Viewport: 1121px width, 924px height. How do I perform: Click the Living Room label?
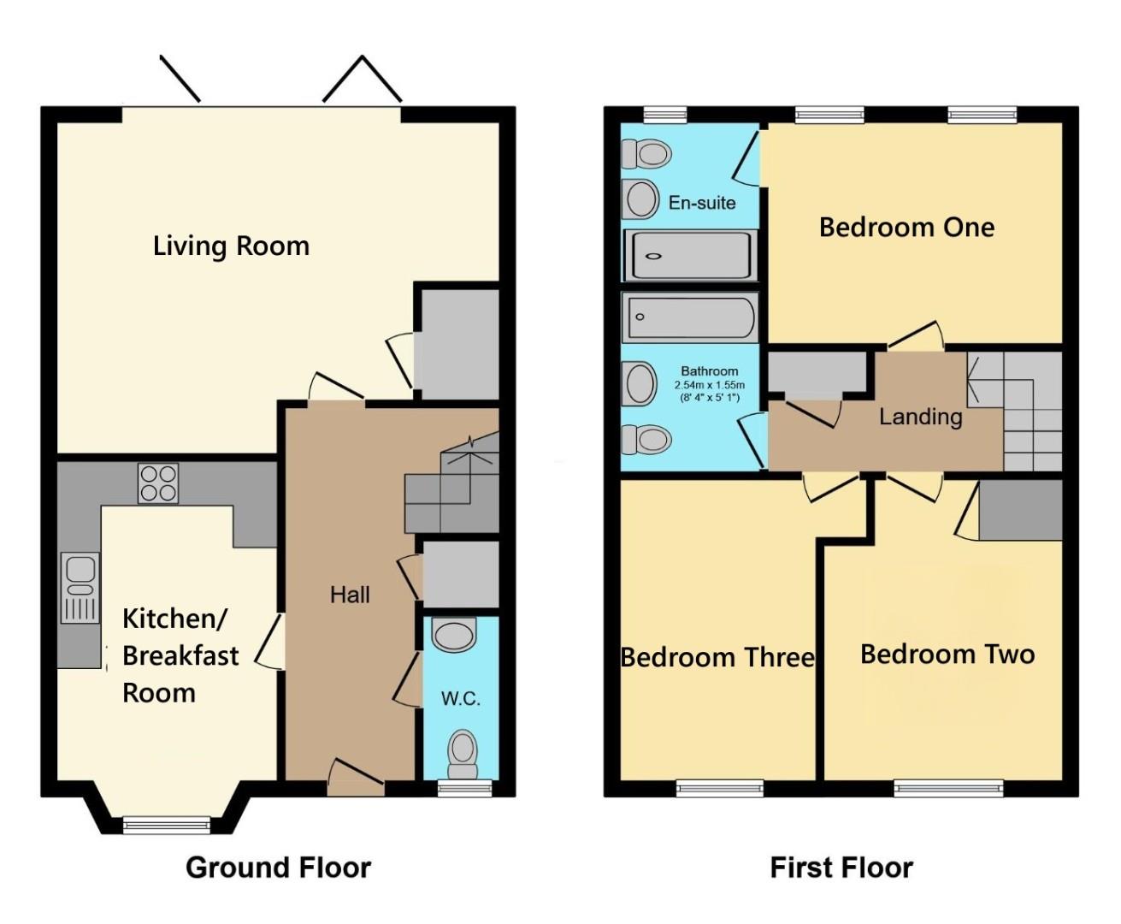click(x=231, y=246)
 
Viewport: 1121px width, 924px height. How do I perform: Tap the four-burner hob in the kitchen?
click(x=158, y=483)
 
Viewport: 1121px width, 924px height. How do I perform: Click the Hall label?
click(x=350, y=595)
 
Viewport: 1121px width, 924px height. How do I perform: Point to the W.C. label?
click(x=460, y=698)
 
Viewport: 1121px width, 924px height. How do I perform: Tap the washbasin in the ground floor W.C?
click(x=453, y=636)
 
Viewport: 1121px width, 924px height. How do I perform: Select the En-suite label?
click(x=702, y=203)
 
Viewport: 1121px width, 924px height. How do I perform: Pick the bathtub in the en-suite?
click(x=690, y=255)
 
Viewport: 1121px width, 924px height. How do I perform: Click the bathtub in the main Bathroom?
click(x=690, y=317)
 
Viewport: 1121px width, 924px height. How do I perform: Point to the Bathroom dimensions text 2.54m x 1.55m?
click(x=709, y=385)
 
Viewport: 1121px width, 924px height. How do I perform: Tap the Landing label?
click(x=921, y=417)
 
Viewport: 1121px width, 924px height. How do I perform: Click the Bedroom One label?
click(x=906, y=228)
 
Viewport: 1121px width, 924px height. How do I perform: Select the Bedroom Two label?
click(x=947, y=654)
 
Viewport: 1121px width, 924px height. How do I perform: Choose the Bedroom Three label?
click(x=717, y=657)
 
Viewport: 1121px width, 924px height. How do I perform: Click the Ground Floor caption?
click(x=278, y=868)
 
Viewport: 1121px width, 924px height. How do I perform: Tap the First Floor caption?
click(x=841, y=868)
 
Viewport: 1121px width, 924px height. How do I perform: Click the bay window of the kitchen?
click(x=167, y=825)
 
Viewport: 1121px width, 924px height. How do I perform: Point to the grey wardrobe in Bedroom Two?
click(x=1020, y=510)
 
